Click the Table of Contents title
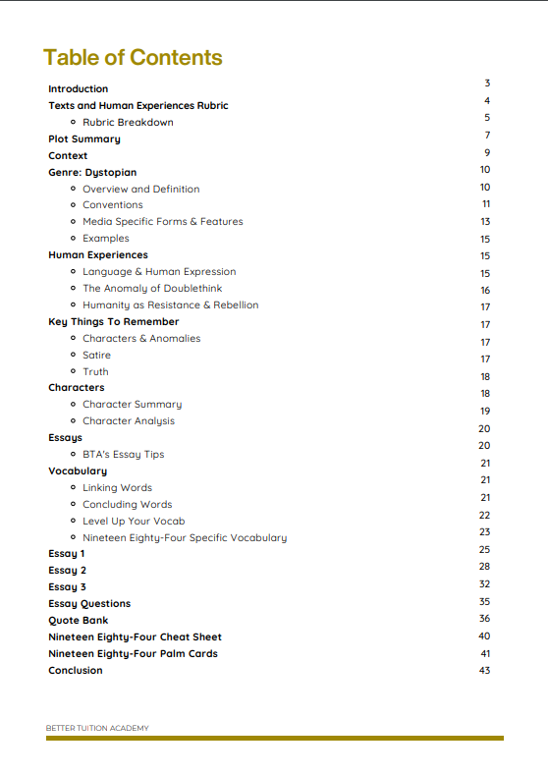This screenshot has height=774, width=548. [x=133, y=57]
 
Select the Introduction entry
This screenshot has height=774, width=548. [x=79, y=89]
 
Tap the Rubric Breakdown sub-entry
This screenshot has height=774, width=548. [x=128, y=123]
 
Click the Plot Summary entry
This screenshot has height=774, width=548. [x=84, y=139]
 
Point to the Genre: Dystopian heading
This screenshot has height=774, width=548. [x=92, y=173]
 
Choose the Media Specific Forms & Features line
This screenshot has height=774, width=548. [x=162, y=222]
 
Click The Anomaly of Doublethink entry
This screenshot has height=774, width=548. [x=152, y=289]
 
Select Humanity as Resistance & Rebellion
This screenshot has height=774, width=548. [x=170, y=305]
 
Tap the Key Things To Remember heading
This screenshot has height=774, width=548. [x=113, y=322]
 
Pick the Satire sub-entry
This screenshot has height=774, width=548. [x=96, y=356]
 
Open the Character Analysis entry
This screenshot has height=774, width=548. [x=129, y=421]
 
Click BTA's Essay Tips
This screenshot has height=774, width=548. [x=123, y=455]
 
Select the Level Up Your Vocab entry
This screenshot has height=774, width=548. [x=134, y=522]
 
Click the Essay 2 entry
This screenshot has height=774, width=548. [x=68, y=571]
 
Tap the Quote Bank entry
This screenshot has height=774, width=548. [x=79, y=621]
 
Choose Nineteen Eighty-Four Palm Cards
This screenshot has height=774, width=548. [x=133, y=654]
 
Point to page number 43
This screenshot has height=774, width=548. [x=484, y=670]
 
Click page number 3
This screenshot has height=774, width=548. [x=487, y=83]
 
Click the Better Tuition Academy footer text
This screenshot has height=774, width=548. [x=97, y=728]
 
